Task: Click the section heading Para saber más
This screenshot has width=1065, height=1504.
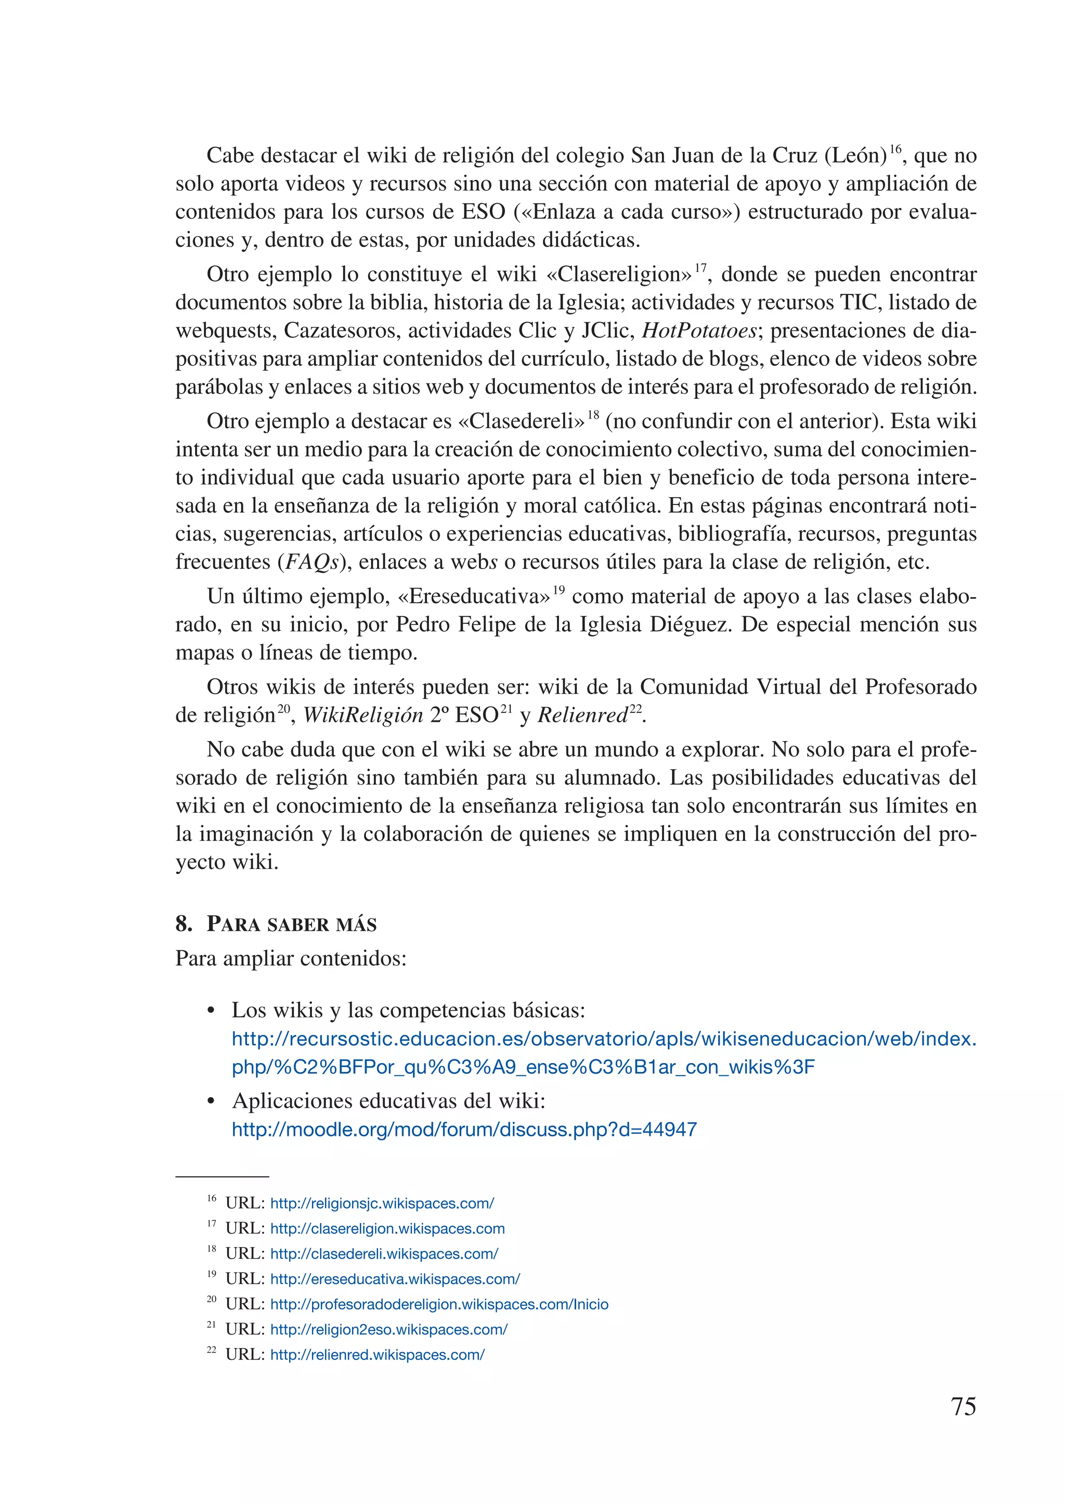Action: pos(291,924)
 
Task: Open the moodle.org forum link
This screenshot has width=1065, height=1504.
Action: pos(464,1130)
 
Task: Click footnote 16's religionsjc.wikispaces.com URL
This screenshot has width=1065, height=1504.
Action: pos(382,1203)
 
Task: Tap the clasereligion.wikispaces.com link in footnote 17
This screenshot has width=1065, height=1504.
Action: pos(387,1228)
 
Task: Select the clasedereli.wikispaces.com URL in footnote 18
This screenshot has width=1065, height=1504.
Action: pos(384,1254)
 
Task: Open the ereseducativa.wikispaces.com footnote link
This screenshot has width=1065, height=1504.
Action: pos(395,1279)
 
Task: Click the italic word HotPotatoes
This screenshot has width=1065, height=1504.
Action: pos(699,331)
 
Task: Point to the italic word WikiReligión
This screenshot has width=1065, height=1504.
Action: pos(362,716)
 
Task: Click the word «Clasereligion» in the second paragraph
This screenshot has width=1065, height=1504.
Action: pos(619,275)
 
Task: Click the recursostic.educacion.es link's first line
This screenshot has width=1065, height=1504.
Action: pos(604,1040)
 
